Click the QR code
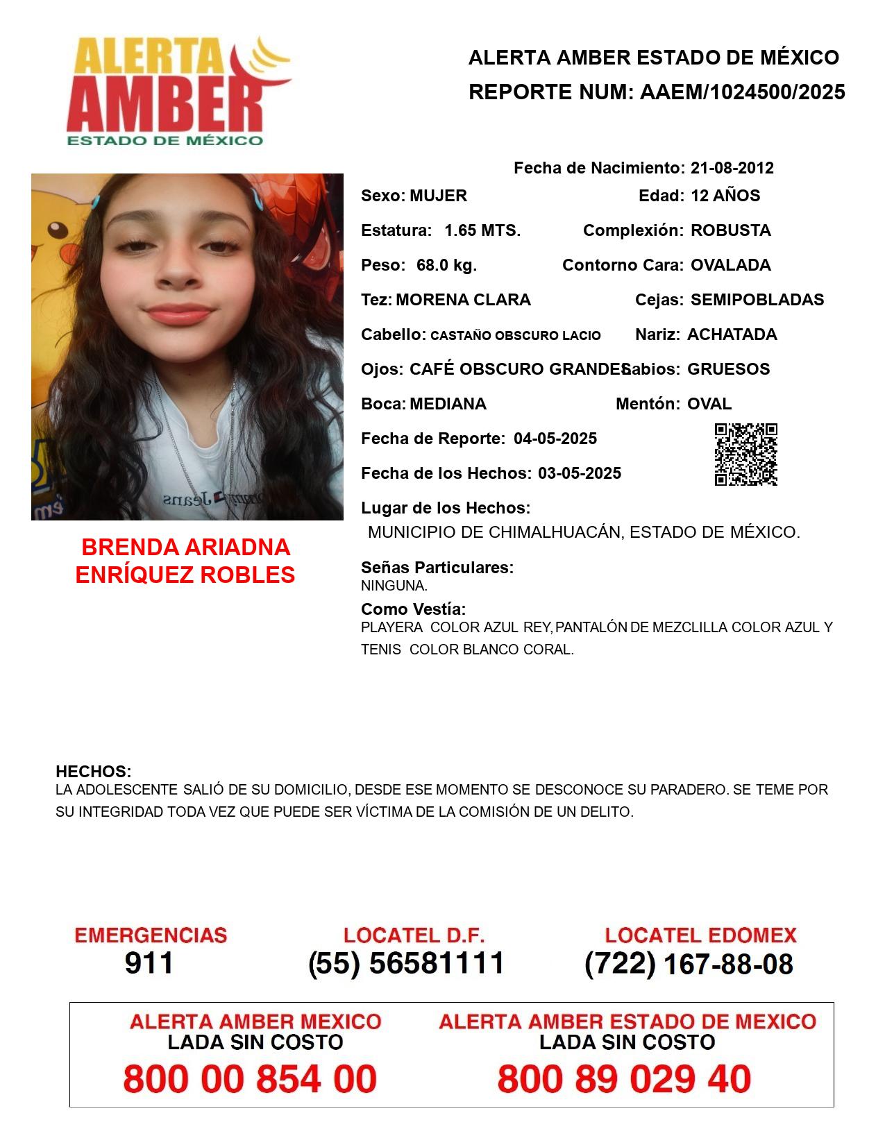pyautogui.click(x=745, y=455)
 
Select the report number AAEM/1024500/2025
pyautogui.click(x=742, y=92)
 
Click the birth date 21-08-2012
pyautogui.click(x=732, y=168)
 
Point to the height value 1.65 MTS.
pyautogui.click(x=482, y=230)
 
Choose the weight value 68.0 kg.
pyautogui.click(x=446, y=265)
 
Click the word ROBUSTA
pyautogui.click(x=730, y=230)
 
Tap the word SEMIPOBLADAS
pyautogui.click(x=757, y=300)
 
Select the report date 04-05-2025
pyautogui.click(x=555, y=439)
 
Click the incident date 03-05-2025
pyautogui.click(x=580, y=473)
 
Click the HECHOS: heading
pyautogui.click(x=93, y=772)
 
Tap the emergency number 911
pyautogui.click(x=149, y=963)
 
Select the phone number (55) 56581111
pyautogui.click(x=406, y=963)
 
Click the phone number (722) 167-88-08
pyautogui.click(x=689, y=964)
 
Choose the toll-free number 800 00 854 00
pyautogui.click(x=250, y=1079)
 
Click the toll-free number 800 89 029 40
pyautogui.click(x=624, y=1079)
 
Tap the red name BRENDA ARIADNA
pyautogui.click(x=185, y=548)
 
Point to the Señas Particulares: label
pyautogui.click(x=437, y=568)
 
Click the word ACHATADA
pyautogui.click(x=732, y=334)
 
